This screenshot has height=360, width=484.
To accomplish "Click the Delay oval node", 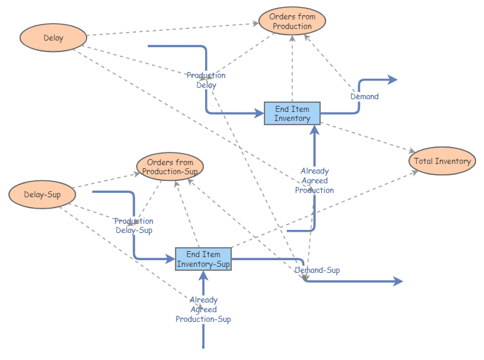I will (53, 38).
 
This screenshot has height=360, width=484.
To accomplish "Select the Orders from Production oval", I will (292, 22).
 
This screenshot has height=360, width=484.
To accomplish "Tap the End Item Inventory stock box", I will (292, 114).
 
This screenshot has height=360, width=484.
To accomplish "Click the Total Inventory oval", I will (443, 162).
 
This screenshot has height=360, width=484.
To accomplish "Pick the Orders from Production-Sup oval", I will (170, 167).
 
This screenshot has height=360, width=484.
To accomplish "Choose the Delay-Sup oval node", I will (42, 195).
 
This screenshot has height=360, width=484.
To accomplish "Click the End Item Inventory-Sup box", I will (203, 259).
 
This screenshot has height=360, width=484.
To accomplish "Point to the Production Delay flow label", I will (206, 80).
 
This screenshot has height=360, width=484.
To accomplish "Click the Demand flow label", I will (365, 96).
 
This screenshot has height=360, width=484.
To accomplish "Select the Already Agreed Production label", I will (315, 180).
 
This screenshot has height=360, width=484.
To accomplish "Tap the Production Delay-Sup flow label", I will (134, 226).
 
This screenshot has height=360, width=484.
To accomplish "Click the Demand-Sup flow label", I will (318, 270).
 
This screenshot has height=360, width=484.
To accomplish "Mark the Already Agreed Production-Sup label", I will (203, 309).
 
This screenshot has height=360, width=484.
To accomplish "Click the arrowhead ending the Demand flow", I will (393, 79).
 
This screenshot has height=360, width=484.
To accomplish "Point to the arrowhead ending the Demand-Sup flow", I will (398, 281).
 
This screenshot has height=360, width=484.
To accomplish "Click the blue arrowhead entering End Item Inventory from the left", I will (260, 113).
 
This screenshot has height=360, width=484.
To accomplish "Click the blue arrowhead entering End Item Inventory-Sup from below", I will (203, 275).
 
